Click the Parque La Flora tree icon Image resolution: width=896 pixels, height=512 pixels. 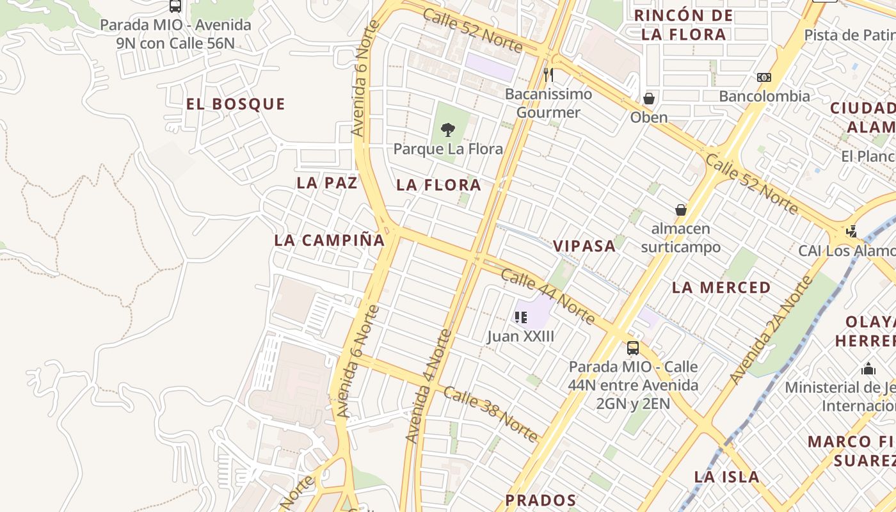click(x=448, y=130)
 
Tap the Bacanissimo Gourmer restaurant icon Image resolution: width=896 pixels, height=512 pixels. click(x=548, y=75)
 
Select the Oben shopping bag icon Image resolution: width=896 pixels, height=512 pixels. click(x=649, y=99)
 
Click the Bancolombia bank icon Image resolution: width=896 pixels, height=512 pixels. click(x=764, y=77)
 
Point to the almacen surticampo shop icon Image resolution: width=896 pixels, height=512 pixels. click(x=681, y=210)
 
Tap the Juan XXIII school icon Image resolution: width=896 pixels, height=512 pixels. click(x=520, y=317)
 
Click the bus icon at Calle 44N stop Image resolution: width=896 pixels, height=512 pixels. click(x=633, y=348)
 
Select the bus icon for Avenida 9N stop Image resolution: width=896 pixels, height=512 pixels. click(x=175, y=6)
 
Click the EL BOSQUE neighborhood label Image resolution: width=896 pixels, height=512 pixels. click(x=236, y=104)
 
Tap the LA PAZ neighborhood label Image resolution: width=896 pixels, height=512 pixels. click(x=326, y=183)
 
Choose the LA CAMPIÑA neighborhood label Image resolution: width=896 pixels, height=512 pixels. click(x=330, y=241)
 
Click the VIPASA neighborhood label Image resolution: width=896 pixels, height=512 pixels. click(x=584, y=246)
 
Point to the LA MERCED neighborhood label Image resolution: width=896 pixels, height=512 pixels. click(x=721, y=288)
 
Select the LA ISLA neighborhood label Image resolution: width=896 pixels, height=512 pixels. click(x=727, y=477)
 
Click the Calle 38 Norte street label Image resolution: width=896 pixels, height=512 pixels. click(x=491, y=414)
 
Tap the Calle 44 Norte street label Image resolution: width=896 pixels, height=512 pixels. click(x=548, y=297)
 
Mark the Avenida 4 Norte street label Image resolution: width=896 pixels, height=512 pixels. click(x=429, y=386)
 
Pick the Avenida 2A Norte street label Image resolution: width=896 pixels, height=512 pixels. click(x=771, y=330)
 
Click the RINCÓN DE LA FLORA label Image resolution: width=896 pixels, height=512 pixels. click(x=684, y=25)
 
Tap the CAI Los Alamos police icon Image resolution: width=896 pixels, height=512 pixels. click(x=852, y=231)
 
